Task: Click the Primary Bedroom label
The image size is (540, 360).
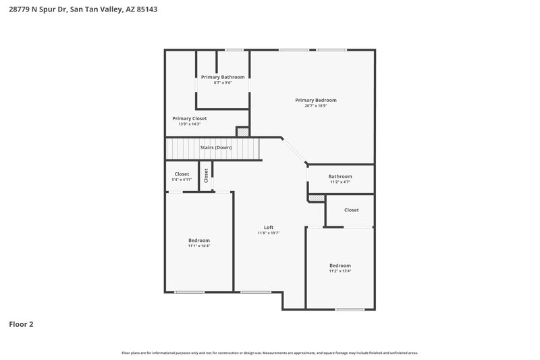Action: [315, 100]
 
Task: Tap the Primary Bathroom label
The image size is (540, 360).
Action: [223, 77]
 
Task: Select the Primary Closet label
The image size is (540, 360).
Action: [189, 118]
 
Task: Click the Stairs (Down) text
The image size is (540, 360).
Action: [215, 147]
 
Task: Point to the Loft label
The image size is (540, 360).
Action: [268, 228]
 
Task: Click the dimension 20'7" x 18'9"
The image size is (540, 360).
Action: [315, 105]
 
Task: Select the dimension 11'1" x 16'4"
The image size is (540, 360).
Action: [199, 246]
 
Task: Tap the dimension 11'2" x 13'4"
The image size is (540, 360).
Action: [340, 271]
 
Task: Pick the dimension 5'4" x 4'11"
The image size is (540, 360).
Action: [182, 180]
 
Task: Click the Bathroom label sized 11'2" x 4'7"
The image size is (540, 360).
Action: [340, 176]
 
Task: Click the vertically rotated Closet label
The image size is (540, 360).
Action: [207, 175]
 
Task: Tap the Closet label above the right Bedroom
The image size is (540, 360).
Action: [351, 210]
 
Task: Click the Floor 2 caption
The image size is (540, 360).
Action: [21, 324]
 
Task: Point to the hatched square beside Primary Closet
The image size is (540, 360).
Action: [242, 132]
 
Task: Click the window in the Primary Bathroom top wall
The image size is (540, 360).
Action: [234, 49]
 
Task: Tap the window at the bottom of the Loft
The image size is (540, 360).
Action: [252, 292]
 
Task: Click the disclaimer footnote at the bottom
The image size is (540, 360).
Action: [270, 353]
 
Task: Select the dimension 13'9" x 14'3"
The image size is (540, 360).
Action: [189, 124]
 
